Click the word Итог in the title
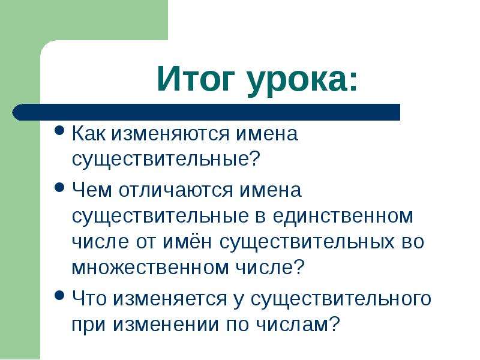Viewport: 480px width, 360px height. coord(196,79)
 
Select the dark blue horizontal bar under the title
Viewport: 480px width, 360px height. coord(206,112)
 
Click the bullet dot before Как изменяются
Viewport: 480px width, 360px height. coord(59,131)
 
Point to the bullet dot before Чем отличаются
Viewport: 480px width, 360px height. coord(59,187)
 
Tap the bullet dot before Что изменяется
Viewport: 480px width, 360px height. coord(59,296)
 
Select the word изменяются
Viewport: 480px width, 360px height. coord(170,134)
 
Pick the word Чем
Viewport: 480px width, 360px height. coord(92,190)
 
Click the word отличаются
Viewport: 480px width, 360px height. coord(176,190)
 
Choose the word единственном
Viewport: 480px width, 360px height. coord(343,216)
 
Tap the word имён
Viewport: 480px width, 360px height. coord(187,241)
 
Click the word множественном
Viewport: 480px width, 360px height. coord(151,267)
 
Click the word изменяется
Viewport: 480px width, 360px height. coord(170,298)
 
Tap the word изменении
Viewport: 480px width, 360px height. coord(166,324)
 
